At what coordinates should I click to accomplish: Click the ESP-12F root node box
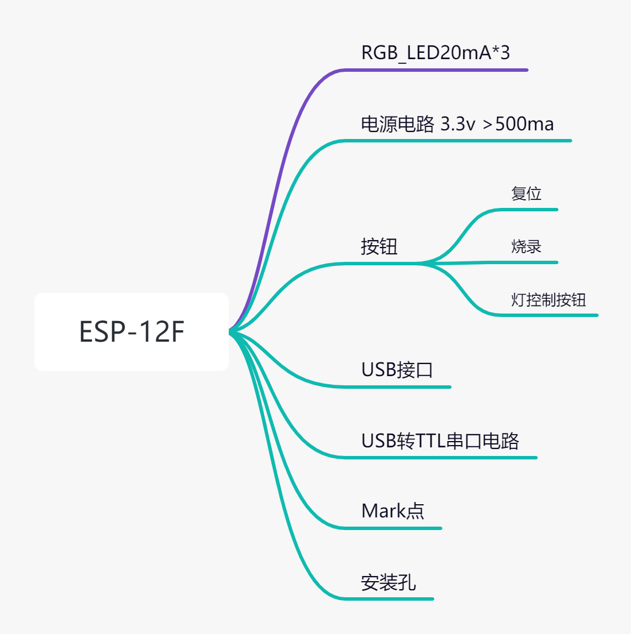click(132, 332)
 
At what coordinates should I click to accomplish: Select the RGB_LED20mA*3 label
click(435, 53)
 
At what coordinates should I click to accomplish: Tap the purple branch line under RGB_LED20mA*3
click(437, 70)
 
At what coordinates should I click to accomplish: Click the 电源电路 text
click(397, 124)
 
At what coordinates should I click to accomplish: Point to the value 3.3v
click(457, 124)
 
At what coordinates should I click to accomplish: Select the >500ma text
click(518, 124)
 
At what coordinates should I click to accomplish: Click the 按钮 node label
click(379, 246)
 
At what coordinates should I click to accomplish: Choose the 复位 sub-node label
click(526, 194)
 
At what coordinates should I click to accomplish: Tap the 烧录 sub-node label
click(526, 246)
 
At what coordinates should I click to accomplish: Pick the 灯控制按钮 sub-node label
click(548, 300)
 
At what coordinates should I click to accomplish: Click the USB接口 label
click(397, 370)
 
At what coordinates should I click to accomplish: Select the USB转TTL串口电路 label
click(440, 441)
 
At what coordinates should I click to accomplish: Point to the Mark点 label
click(393, 511)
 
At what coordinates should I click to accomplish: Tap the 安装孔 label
click(388, 582)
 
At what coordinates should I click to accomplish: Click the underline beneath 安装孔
click(391, 599)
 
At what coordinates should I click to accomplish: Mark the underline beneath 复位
click(529, 210)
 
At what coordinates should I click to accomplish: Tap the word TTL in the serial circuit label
click(430, 441)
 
